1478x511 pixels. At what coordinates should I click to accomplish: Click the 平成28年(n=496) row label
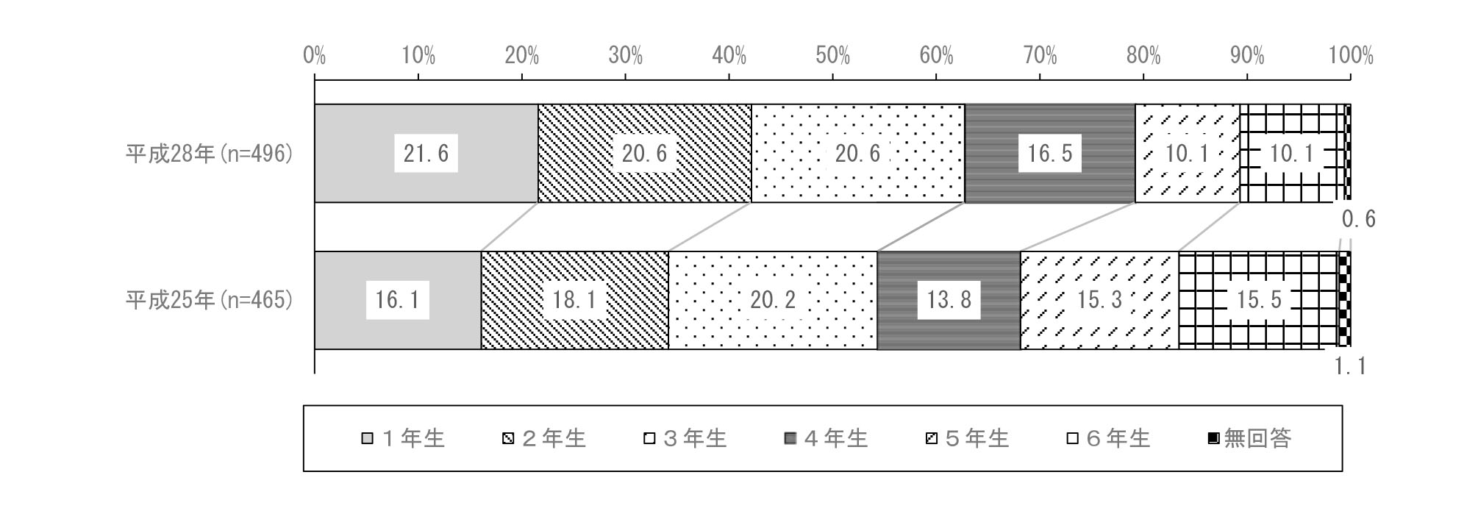coord(210,154)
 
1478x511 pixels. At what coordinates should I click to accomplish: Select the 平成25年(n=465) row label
coord(210,300)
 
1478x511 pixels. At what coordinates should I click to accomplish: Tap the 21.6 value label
coord(426,153)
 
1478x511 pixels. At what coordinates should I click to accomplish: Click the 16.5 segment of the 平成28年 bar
coord(1050,153)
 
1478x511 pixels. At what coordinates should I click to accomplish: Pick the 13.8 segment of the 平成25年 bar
coord(949,300)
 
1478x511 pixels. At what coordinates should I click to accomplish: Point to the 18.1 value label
coord(575,300)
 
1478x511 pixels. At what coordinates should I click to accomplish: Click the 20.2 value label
coord(773,300)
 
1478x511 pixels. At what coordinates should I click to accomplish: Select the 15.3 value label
coord(1099,300)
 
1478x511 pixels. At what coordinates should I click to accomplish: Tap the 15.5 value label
coord(1259,300)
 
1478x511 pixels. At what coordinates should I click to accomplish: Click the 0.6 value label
coord(1358,219)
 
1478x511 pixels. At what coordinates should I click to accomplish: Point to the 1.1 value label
coord(1351,365)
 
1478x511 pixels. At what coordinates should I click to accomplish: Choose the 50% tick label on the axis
coord(833,56)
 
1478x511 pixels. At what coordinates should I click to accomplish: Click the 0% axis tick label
coord(315,56)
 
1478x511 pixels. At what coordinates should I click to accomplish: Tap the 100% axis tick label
coord(1351,56)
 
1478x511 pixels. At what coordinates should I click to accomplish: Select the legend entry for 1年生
coord(404,439)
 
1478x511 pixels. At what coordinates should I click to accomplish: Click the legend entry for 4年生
coord(827,439)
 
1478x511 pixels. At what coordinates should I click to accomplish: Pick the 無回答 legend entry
coord(1249,439)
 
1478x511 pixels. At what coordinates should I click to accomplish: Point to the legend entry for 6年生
coord(1109,439)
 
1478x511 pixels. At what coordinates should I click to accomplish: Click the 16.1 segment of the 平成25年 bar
coord(398,300)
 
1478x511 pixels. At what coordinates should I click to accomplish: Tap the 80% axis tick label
coord(1143,56)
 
